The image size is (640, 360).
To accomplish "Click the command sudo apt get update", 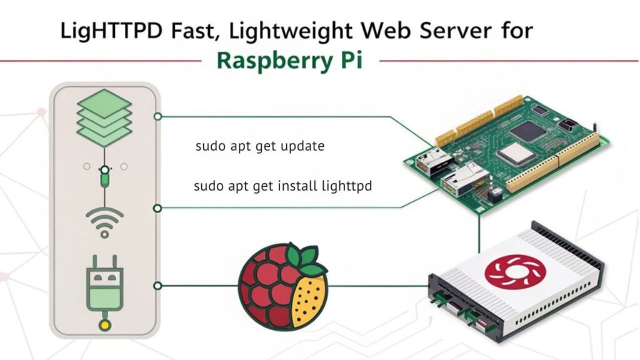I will pyautogui.click(x=259, y=147).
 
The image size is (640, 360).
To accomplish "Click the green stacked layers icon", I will pyautogui.click(x=104, y=117).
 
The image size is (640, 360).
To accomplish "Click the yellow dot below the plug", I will pyautogui.click(x=104, y=326).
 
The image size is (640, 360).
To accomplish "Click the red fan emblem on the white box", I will pyautogui.click(x=516, y=269).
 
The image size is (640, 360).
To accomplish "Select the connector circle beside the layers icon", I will pyautogui.click(x=157, y=116).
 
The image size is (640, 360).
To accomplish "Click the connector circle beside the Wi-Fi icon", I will pyautogui.click(x=157, y=207).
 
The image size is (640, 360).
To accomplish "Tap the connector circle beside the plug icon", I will pyautogui.click(x=157, y=286).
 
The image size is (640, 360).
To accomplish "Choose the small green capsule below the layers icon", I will pyautogui.click(x=104, y=180).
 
